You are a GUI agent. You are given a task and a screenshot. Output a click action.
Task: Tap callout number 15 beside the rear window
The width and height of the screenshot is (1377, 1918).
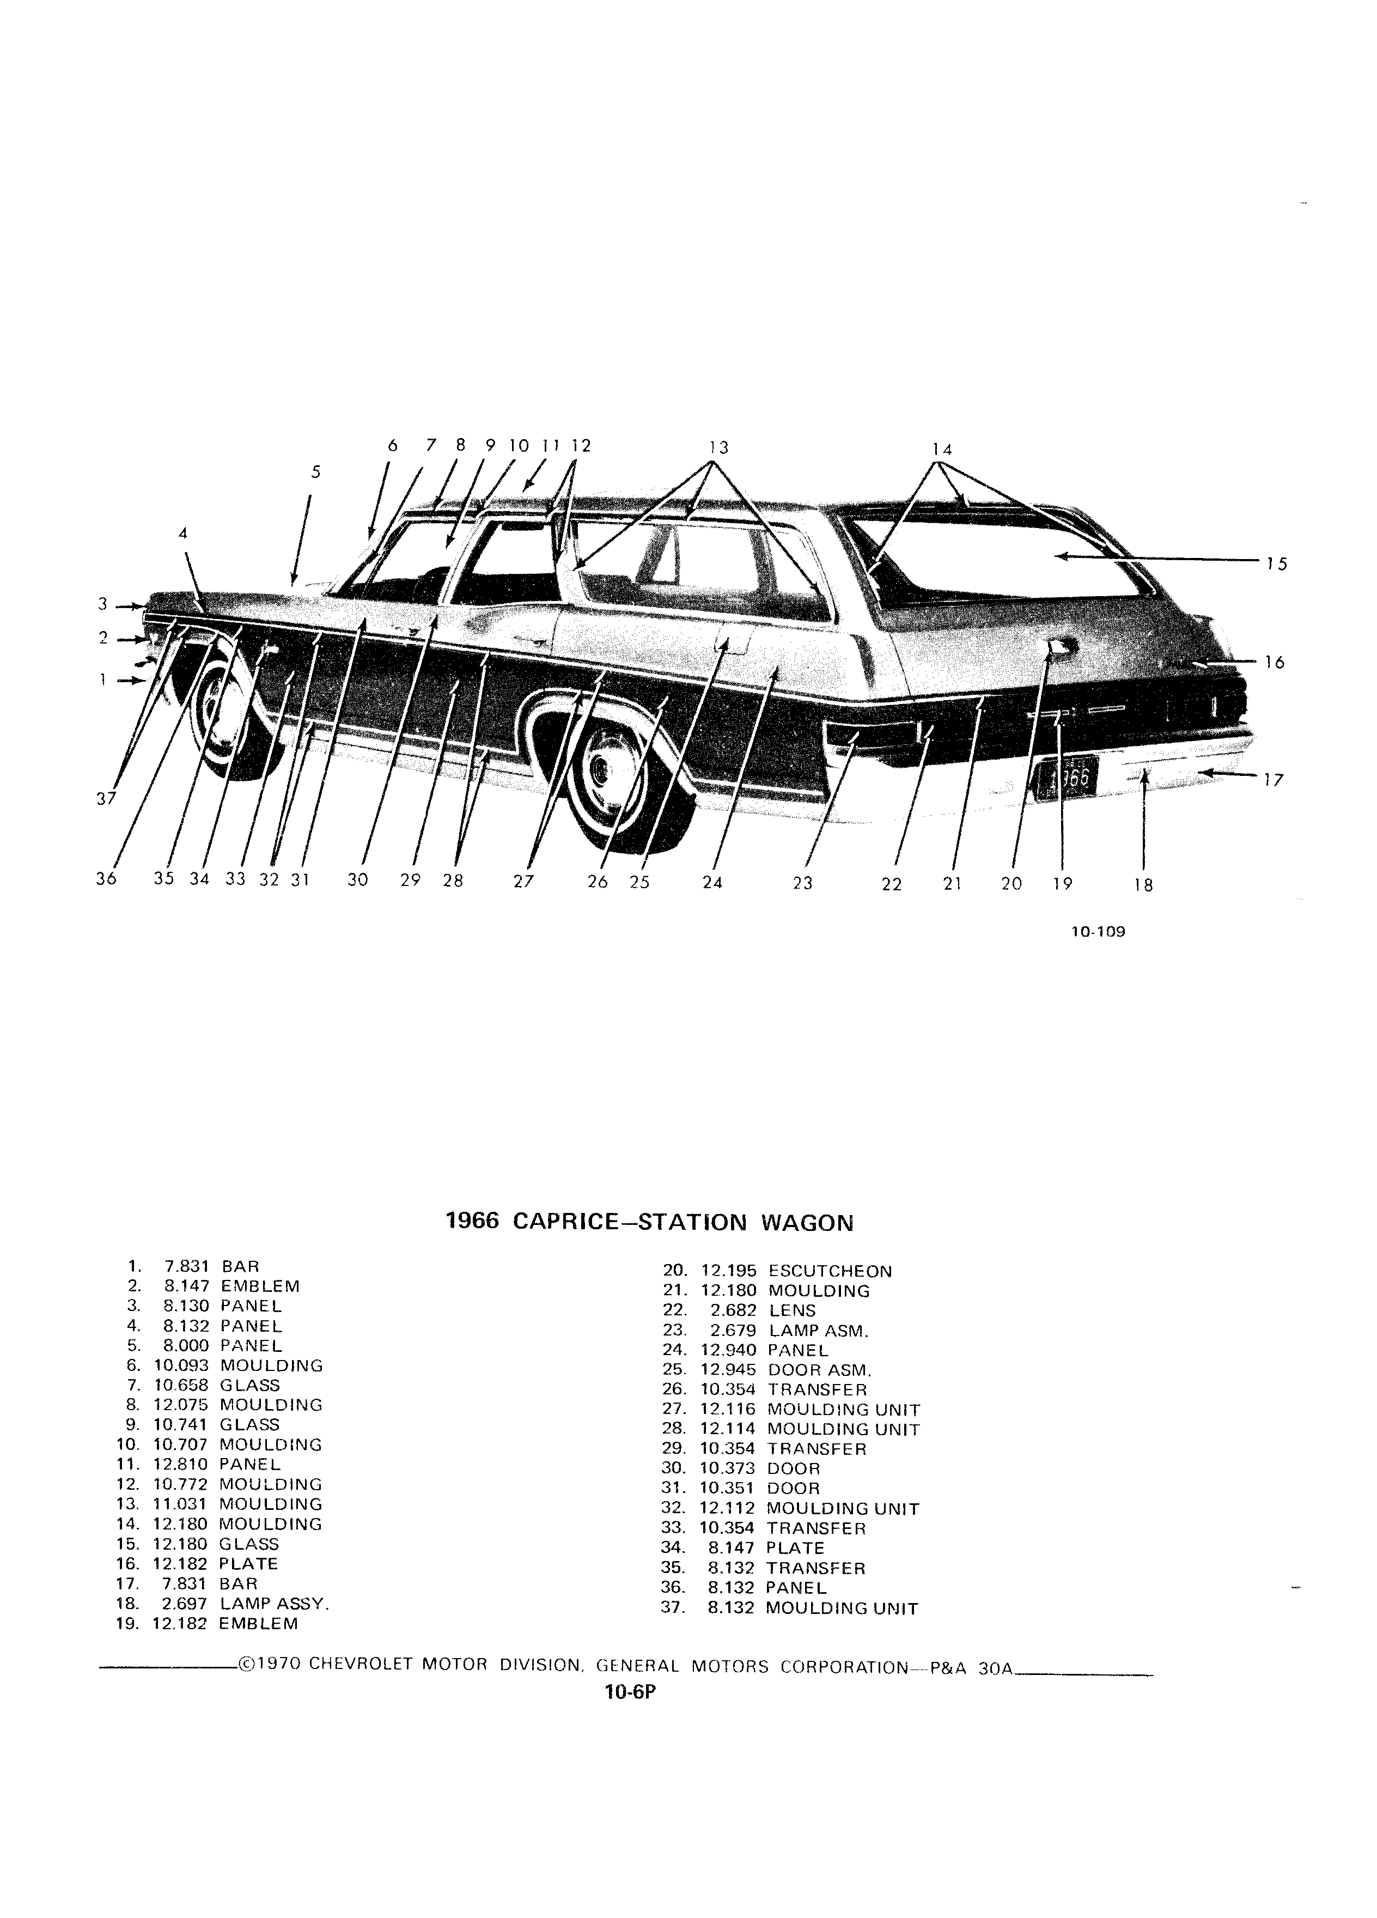click(1276, 563)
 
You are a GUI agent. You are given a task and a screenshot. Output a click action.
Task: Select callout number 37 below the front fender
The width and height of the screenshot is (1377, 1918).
click(106, 798)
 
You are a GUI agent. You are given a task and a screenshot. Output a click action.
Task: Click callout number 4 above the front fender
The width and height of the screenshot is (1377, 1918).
click(182, 533)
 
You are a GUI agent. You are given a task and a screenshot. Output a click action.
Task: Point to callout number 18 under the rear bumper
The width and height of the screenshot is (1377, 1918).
click(1144, 885)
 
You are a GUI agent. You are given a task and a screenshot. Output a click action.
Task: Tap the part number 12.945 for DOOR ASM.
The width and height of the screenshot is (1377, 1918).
click(729, 1369)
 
